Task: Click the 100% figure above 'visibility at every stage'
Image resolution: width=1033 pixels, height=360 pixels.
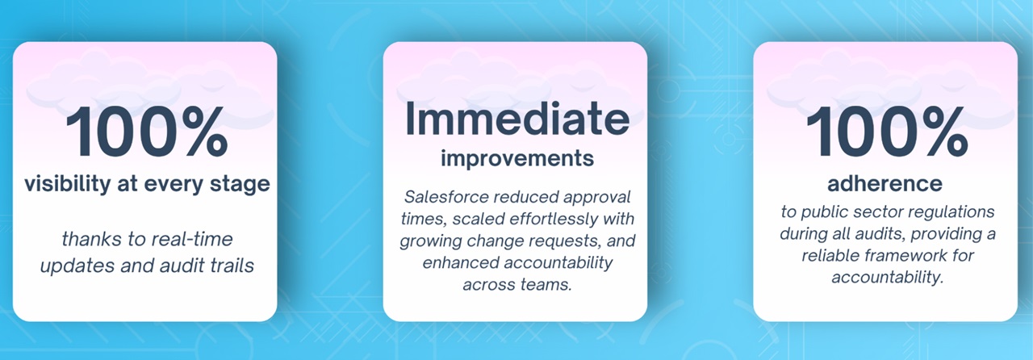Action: [x=147, y=131]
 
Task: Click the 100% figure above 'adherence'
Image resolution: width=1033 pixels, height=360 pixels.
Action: [x=887, y=131]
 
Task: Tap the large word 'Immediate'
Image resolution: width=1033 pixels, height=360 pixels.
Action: [x=517, y=118]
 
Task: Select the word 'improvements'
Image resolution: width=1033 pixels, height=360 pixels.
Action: [x=517, y=159]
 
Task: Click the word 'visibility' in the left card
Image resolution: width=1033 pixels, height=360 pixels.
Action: [x=68, y=184]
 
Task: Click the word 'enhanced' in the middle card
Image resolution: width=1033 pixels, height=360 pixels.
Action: [x=461, y=262]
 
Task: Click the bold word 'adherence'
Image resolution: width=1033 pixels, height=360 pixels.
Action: [x=885, y=184]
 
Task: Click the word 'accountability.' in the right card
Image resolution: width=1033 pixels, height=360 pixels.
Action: [x=888, y=278]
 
